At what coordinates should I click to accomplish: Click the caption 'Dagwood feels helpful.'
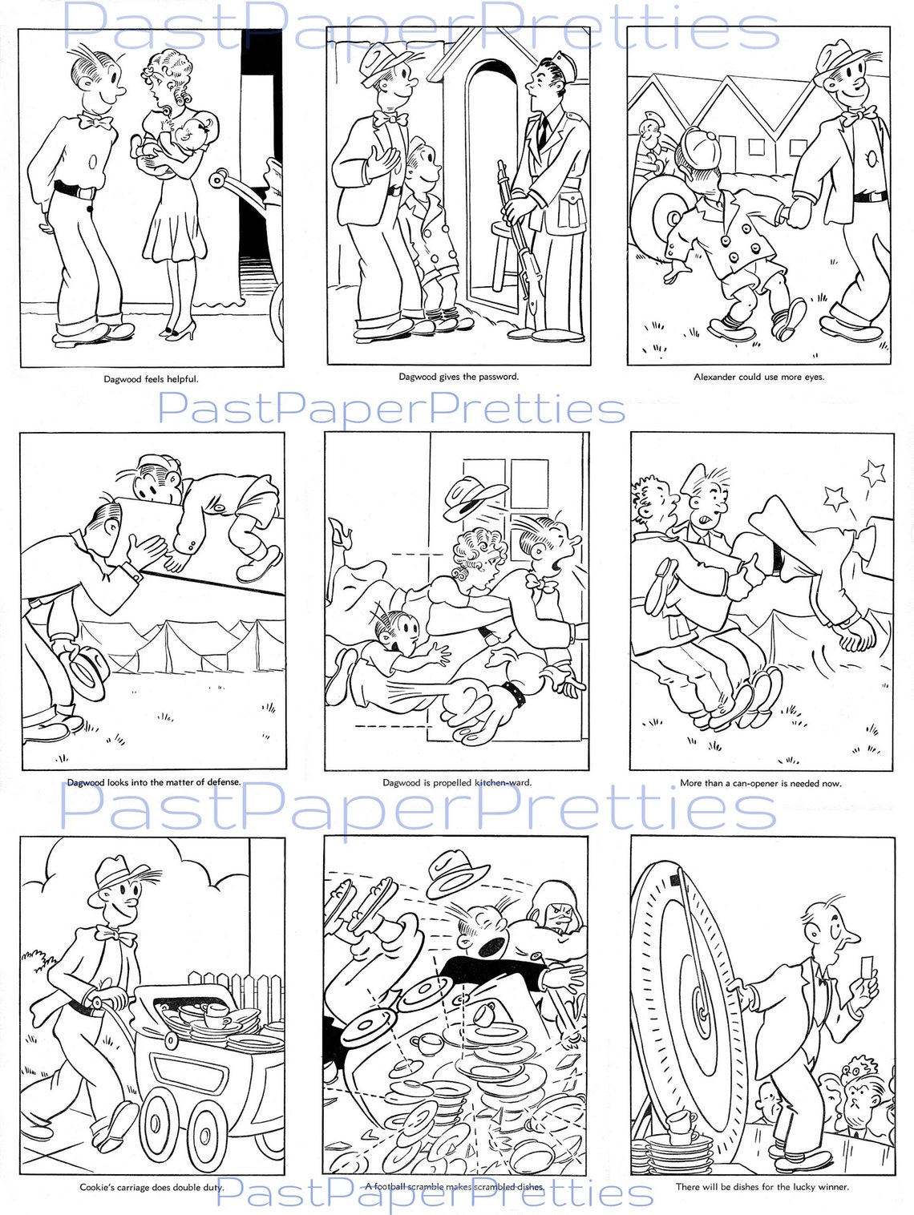click(x=151, y=379)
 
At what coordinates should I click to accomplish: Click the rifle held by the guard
click(x=516, y=240)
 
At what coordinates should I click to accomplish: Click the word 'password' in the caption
click(x=498, y=376)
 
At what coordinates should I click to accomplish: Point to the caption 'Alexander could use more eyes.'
click(x=758, y=377)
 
